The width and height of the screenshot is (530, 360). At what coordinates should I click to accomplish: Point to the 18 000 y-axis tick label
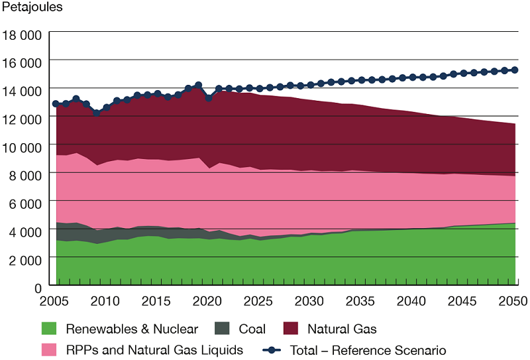pos(23,33)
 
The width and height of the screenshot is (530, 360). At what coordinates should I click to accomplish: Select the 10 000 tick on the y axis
pos(23,145)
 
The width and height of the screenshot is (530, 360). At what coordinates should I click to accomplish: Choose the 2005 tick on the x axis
pos(56,301)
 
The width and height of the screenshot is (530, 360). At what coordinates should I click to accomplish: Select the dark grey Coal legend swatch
pos(223,329)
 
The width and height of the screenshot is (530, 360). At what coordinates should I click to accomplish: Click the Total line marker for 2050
pos(515,70)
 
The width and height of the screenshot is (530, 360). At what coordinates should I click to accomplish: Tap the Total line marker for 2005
pos(56,104)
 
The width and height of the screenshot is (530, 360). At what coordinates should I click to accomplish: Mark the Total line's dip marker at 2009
pos(97,113)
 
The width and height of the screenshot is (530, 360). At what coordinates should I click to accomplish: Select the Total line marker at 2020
pos(209,98)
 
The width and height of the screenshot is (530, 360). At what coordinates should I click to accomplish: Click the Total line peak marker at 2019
pos(198,86)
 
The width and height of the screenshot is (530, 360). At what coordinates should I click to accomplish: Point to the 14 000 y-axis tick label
pos(23,90)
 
